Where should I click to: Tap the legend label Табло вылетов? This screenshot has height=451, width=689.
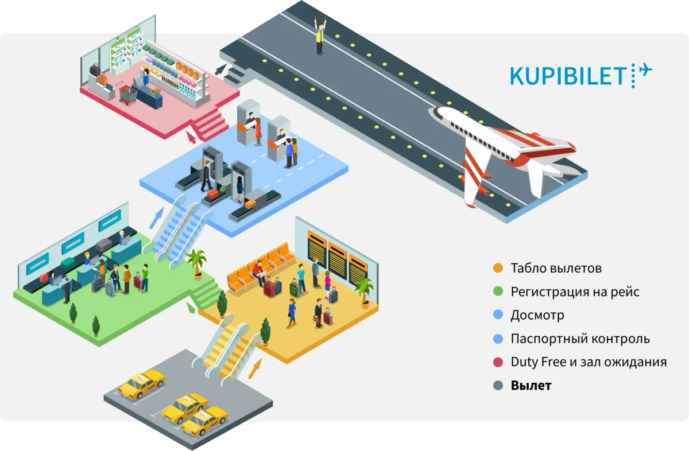click(556, 268)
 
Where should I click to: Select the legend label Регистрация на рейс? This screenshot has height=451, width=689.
click(575, 291)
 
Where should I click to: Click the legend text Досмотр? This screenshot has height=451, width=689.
click(537, 316)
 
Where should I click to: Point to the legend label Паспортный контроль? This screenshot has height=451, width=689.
click(580, 339)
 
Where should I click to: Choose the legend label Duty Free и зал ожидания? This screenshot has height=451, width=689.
click(589, 362)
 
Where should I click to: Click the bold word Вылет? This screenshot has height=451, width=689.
click(531, 386)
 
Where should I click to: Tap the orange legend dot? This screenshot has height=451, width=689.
click(498, 268)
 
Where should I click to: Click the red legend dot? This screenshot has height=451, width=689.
click(498, 362)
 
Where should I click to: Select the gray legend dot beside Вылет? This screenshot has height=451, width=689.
click(498, 386)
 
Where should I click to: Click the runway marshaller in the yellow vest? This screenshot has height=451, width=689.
click(320, 36)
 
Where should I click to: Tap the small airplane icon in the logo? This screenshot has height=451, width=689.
click(645, 70)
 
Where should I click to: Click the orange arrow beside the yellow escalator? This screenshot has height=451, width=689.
click(255, 368)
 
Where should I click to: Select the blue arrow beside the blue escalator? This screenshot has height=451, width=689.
click(157, 217)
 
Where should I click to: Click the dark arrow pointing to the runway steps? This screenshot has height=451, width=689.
click(220, 69)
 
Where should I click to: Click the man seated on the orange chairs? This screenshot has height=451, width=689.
click(259, 272)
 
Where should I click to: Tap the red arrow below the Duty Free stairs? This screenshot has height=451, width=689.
click(191, 137)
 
